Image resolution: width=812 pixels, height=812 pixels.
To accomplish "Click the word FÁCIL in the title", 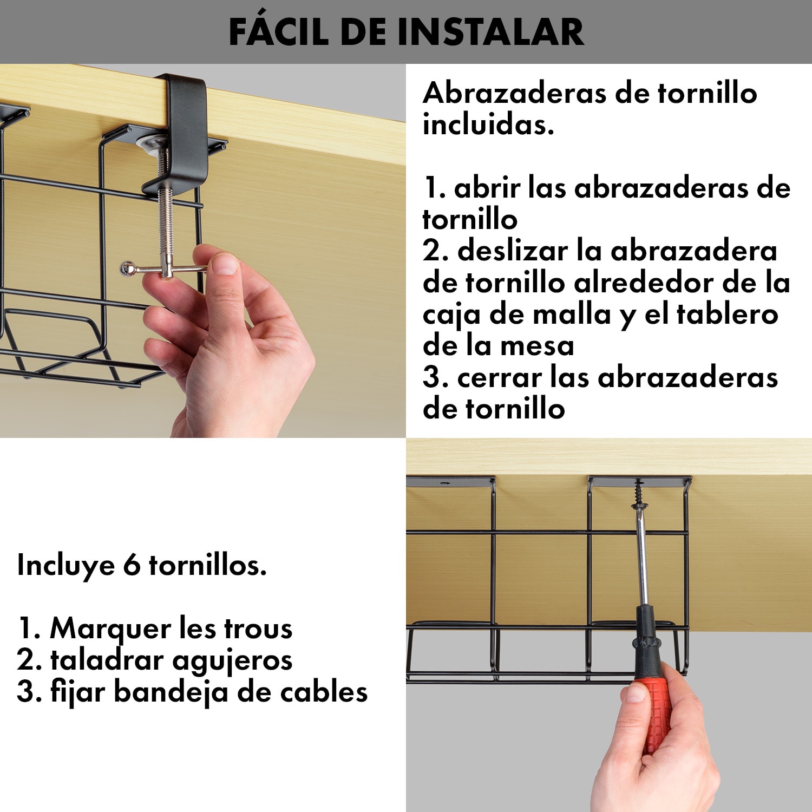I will (279, 32).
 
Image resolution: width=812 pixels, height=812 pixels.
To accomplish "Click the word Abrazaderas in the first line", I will (514, 93).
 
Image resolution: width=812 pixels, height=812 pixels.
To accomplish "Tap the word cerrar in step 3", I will (499, 377).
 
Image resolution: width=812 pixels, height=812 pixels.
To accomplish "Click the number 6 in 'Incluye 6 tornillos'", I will (132, 565).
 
